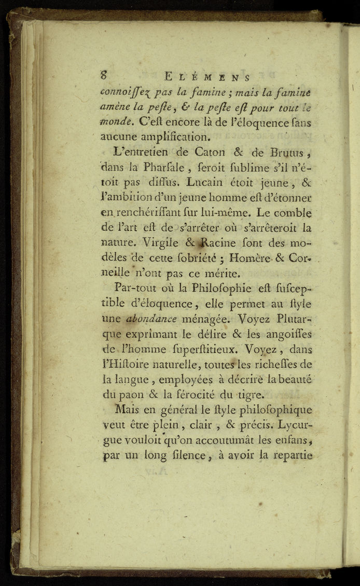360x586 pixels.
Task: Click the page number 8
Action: click(x=104, y=74)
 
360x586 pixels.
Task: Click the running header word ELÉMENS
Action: click(x=207, y=77)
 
